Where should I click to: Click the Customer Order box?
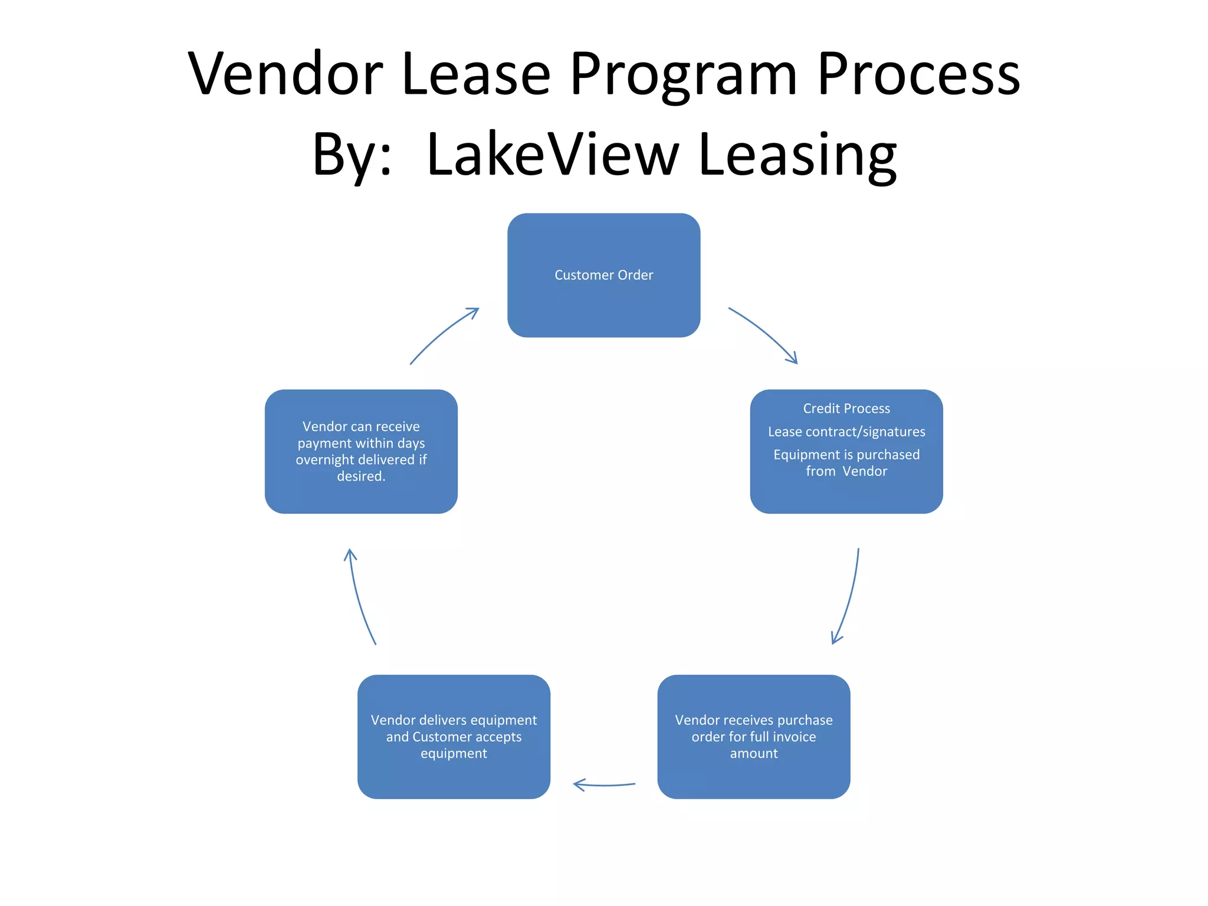(603, 275)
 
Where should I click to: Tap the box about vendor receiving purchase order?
(753, 737)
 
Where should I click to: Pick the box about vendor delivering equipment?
(454, 737)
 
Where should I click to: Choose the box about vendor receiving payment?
(361, 451)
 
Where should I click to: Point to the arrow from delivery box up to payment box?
(359, 596)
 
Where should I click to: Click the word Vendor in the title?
(285, 74)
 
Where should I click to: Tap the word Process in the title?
(918, 74)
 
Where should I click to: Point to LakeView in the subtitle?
(553, 155)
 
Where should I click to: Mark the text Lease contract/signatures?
(846, 432)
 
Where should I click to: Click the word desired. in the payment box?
(361, 476)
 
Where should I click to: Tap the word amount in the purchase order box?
(753, 753)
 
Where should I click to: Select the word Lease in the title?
(476, 74)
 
